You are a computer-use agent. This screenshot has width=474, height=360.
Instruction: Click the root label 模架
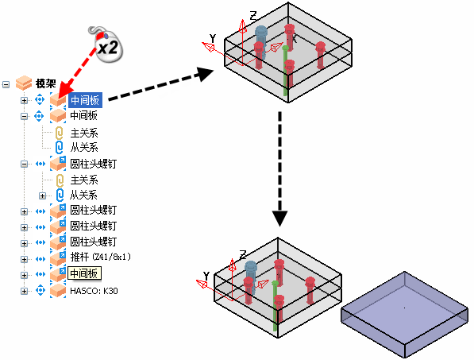[x=46, y=83]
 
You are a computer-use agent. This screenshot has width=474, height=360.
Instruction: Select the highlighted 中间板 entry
[x=85, y=100]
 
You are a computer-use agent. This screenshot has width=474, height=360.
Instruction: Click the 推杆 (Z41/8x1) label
[x=101, y=257]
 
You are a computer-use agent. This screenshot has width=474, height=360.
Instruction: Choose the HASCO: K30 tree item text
[x=94, y=291]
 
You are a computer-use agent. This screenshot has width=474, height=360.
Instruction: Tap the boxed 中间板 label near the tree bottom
[x=84, y=273]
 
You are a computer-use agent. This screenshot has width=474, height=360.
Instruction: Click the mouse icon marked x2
[x=106, y=45]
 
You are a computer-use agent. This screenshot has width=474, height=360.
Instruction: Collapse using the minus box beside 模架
[x=6, y=84]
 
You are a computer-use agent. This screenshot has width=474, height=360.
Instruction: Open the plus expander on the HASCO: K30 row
[x=24, y=291]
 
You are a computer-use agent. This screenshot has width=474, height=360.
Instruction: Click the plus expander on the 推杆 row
[x=24, y=259]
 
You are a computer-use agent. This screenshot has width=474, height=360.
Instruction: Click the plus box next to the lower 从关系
[x=43, y=195]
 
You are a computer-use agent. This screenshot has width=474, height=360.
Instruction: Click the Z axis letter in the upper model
[x=253, y=16]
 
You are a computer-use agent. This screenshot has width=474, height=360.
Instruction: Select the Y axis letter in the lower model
[x=206, y=276]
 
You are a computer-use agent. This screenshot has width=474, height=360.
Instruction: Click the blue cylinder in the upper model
[x=261, y=41]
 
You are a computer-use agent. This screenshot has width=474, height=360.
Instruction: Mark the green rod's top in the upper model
[x=285, y=48]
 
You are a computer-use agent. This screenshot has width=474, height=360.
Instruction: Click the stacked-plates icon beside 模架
[x=24, y=83]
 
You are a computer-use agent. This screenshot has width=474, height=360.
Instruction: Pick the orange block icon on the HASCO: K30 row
[x=58, y=290]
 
